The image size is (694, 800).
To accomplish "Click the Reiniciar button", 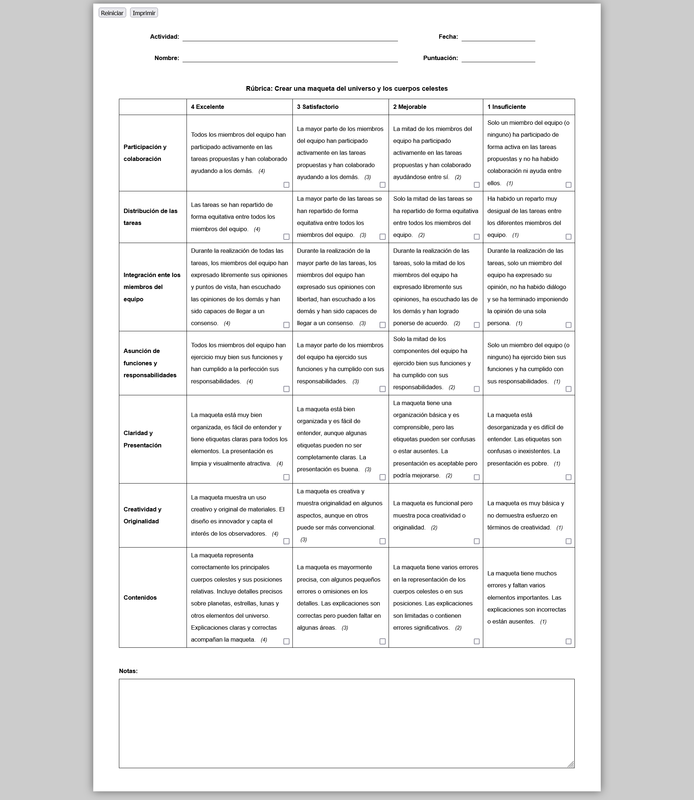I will click(112, 13).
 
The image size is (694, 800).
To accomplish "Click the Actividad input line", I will click(290, 37).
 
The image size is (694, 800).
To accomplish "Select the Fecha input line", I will click(498, 37).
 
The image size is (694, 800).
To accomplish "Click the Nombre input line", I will click(290, 58).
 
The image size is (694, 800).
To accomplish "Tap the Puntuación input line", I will click(498, 58).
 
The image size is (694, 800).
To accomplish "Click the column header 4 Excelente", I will click(207, 107).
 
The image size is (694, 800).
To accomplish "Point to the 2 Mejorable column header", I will click(410, 107).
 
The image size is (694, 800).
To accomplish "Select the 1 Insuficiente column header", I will click(506, 107).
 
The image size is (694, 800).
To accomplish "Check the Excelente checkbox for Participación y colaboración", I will click(286, 185).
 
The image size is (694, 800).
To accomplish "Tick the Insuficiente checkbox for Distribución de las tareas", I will click(568, 237).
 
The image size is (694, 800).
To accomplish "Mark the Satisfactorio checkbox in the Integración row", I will click(382, 325).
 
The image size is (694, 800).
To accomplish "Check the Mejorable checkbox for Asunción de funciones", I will click(476, 389).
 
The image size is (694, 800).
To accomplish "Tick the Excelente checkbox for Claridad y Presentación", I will click(286, 477).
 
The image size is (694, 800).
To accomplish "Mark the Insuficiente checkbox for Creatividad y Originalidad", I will click(568, 541).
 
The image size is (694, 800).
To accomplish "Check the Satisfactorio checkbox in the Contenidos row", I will click(382, 642).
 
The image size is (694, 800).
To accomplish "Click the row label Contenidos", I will click(140, 598).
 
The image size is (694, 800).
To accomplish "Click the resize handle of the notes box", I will click(571, 764).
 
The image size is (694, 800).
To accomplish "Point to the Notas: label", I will click(128, 671).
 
